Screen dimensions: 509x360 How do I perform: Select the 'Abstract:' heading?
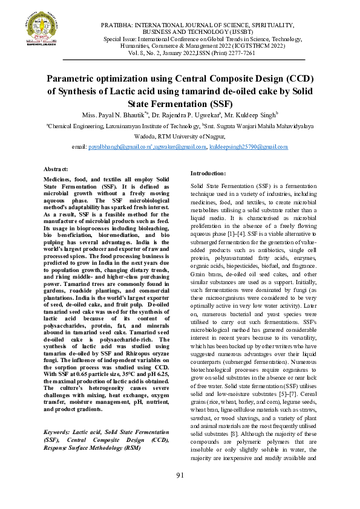pos(57,170)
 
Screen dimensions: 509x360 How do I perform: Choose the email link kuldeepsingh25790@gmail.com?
pos(248,147)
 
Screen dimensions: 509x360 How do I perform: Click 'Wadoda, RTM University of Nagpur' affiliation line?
pos(180,137)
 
